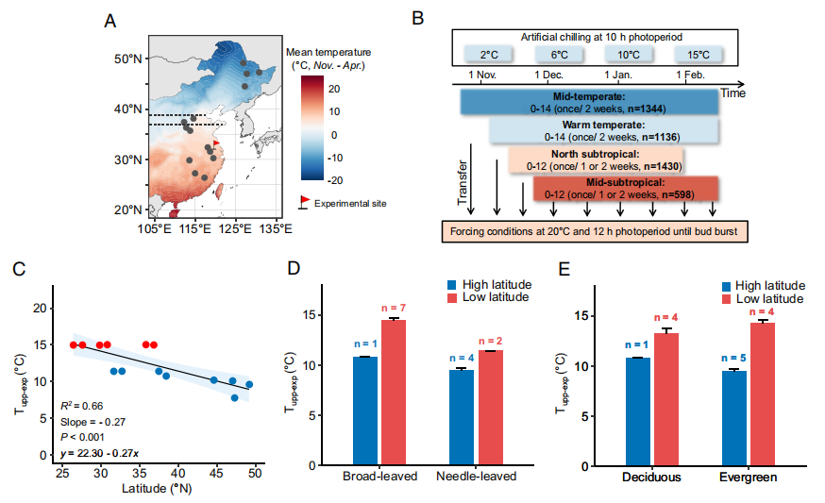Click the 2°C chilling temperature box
tap(488, 55)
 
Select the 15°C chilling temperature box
tap(695, 55)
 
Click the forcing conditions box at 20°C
tap(594, 230)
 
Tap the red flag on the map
tap(215, 144)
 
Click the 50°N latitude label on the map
tap(127, 59)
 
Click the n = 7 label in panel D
tap(394, 309)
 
